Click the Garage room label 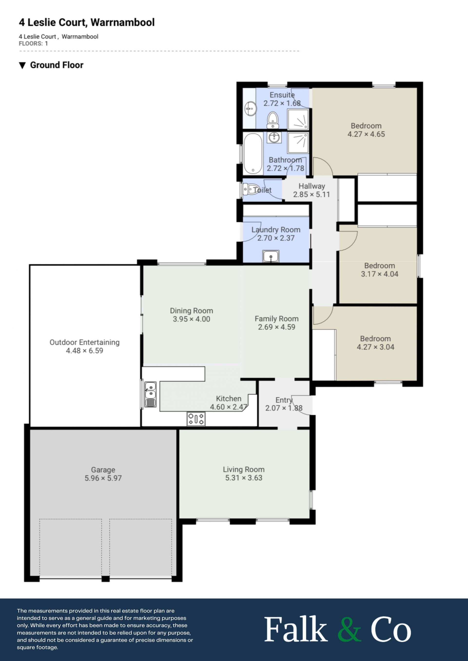(x=103, y=470)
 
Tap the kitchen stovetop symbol (x=196, y=419)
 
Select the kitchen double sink (x=150, y=394)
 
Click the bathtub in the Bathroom (x=253, y=154)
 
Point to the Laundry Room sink (x=271, y=256)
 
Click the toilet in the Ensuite (x=273, y=120)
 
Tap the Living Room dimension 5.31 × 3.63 (x=244, y=478)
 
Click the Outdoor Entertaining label (x=84, y=342)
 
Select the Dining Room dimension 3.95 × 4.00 (x=191, y=319)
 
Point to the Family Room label (x=277, y=319)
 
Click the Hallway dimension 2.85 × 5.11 (x=312, y=194)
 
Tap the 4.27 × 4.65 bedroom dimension (x=366, y=134)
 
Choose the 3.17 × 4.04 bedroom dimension (x=380, y=274)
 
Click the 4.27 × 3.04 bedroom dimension (x=375, y=347)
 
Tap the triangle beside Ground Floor (x=22, y=65)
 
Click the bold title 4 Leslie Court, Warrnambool (x=87, y=22)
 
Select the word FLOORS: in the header (x=30, y=44)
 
